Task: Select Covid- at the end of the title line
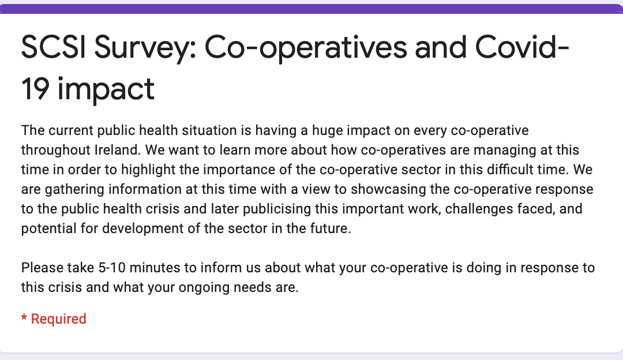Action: pyautogui.click(x=522, y=47)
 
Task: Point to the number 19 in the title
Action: pyautogui.click(x=35, y=89)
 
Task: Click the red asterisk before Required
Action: pyautogui.click(x=24, y=317)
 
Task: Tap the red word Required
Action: pyautogui.click(x=58, y=319)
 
